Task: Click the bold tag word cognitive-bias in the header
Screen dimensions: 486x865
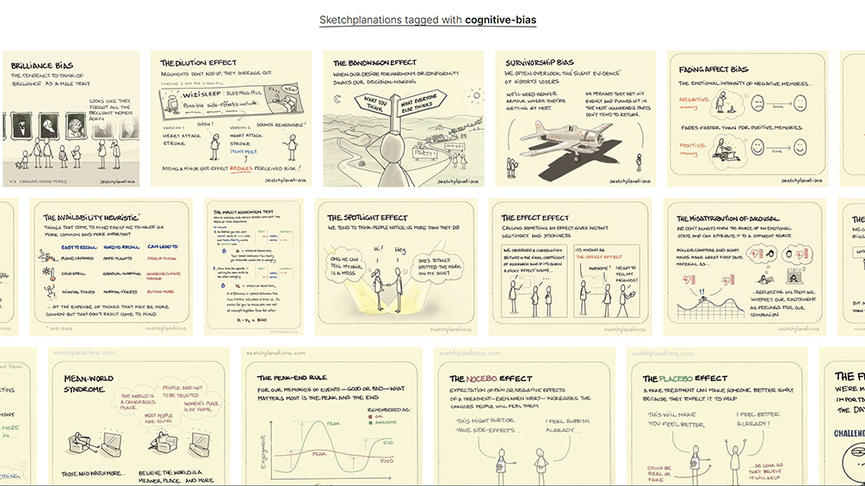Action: tap(500, 19)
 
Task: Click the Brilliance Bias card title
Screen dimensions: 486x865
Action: tap(39, 65)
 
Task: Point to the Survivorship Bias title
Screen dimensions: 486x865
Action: tap(540, 62)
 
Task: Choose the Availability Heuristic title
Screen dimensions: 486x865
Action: tap(93, 218)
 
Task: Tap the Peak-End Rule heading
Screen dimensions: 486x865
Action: tap(295, 377)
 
